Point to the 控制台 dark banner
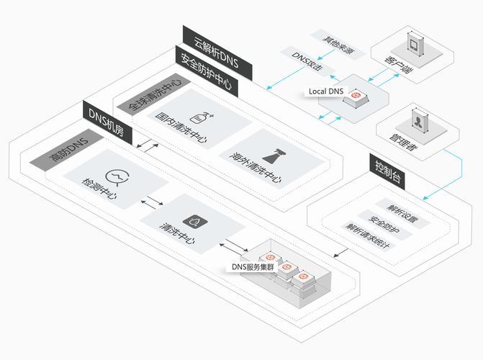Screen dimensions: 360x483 click(389, 170)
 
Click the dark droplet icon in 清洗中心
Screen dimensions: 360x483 click(193, 220)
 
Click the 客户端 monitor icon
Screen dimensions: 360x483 click(415, 44)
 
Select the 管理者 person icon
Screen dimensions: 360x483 click(417, 122)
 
